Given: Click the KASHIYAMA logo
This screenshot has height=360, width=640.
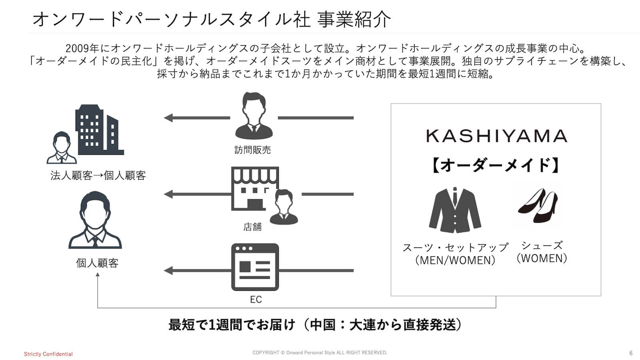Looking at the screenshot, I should click(x=496, y=136).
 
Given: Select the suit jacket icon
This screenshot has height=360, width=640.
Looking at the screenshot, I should click(x=455, y=210).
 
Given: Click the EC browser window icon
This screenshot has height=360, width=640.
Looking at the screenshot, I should click(x=255, y=267).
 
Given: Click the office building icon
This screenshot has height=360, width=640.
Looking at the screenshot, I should click(x=99, y=130).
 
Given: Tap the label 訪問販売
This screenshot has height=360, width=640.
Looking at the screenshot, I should click(x=252, y=150).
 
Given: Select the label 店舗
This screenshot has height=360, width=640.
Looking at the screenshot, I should click(x=252, y=227).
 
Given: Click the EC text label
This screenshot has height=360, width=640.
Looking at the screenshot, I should click(x=256, y=300).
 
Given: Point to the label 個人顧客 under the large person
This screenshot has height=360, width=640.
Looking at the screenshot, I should click(x=97, y=263).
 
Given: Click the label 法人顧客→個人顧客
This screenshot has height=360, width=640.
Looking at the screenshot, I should click(x=98, y=176).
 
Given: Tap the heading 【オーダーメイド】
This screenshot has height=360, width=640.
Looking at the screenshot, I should click(x=496, y=165).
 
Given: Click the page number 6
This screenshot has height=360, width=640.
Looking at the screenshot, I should click(x=631, y=353).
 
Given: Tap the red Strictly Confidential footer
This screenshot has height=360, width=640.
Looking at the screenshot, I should click(x=48, y=354).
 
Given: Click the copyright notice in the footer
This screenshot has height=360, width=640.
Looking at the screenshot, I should click(x=320, y=353).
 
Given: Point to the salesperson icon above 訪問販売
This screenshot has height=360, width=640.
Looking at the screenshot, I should click(x=254, y=116).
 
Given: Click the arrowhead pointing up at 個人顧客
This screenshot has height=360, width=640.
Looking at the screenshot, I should click(x=98, y=275).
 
